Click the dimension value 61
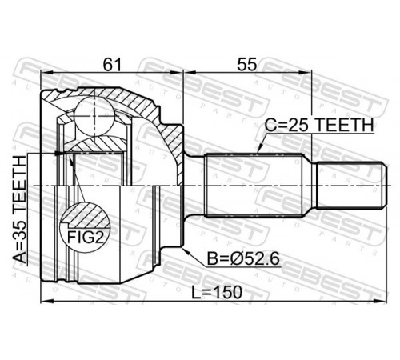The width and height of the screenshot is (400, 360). point(112,64)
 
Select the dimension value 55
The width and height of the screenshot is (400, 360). point(247,64)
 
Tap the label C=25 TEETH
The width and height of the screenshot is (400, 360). point(319,125)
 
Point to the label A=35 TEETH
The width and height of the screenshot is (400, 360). point(20,210)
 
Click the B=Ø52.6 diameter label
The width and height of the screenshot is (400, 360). point(243,258)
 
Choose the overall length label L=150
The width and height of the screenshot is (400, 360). point(217,292)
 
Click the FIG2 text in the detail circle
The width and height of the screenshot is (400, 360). point(85,237)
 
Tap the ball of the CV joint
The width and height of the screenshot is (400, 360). point(94,118)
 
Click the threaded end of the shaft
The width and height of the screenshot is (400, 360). point(352,185)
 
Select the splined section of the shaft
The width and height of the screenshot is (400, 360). point(254,185)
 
